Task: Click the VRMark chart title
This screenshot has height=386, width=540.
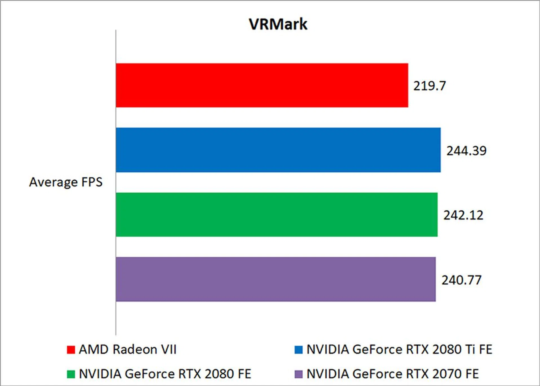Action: point(278,24)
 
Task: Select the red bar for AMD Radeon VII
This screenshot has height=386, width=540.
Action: point(262,85)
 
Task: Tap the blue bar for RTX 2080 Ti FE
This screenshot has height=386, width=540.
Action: point(278,150)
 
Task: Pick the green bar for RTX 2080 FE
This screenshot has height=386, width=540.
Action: point(276,215)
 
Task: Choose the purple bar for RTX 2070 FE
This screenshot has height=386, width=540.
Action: point(275,279)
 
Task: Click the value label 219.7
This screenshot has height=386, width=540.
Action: point(429,86)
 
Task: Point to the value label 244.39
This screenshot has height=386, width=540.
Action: point(466,151)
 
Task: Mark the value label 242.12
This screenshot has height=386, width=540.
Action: point(463,215)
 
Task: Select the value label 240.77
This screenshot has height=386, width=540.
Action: point(461,280)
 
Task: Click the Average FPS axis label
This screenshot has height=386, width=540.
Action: point(66,182)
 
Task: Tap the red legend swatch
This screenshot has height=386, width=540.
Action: point(71,350)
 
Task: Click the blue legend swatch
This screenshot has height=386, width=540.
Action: point(298,350)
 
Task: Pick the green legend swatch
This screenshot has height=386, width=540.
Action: point(71,374)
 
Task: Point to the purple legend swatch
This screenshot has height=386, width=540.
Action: point(298,374)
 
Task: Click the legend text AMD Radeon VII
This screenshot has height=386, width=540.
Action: point(127,349)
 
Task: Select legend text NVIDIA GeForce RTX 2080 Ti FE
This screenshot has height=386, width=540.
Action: point(399,349)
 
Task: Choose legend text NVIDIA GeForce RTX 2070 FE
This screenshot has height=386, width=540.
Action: point(392,374)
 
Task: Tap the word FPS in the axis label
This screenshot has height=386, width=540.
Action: point(92,182)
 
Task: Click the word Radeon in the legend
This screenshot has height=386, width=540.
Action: point(135,349)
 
